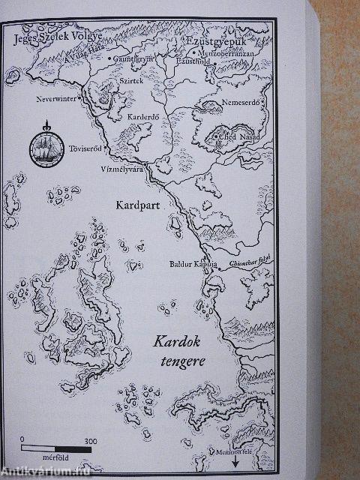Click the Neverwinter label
(x=57, y=98)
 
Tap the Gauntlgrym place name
(x=136, y=57)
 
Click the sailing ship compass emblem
(x=46, y=143)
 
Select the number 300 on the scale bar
(x=90, y=440)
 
